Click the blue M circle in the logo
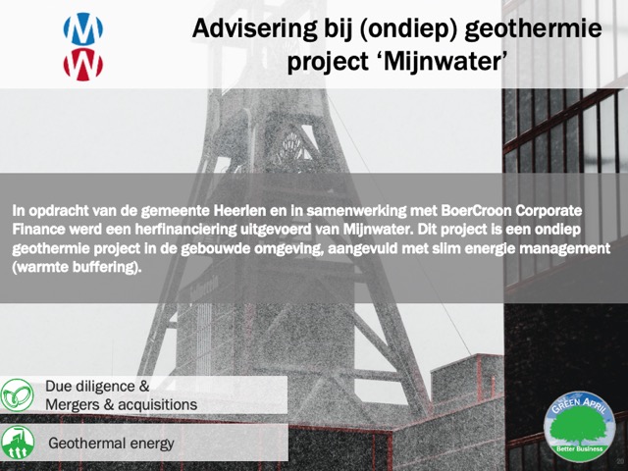point(82,28)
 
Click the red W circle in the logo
point(82,65)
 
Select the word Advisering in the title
point(255,28)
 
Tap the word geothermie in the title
point(534,28)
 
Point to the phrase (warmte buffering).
point(77,267)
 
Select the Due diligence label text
point(97,386)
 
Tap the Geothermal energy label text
point(111,444)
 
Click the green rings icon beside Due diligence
point(17,394)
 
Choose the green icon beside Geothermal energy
point(18,443)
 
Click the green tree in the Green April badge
point(580,426)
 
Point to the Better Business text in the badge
point(580,448)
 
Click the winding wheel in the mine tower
point(292,146)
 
